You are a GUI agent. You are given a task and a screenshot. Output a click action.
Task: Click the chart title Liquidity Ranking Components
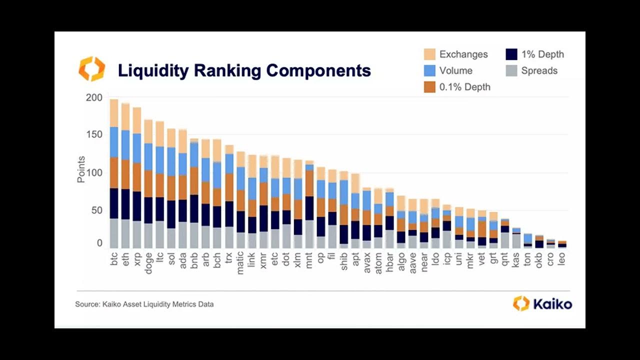tap(244, 70)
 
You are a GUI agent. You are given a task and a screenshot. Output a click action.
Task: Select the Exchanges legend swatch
tap(429, 54)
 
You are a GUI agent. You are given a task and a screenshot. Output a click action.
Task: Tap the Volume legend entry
tap(455, 70)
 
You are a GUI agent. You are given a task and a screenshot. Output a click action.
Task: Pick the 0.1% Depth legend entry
tap(464, 87)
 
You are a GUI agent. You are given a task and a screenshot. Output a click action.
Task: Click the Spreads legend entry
tap(539, 70)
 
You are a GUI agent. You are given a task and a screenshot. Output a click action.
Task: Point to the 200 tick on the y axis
tap(94, 97)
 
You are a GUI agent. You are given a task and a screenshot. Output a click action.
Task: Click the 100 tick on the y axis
tap(94, 173)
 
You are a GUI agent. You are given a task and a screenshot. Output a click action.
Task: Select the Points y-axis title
tap(81, 169)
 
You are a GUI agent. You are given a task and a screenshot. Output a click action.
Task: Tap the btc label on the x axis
tap(114, 258)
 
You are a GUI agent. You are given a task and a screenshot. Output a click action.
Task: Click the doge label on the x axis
tap(148, 261)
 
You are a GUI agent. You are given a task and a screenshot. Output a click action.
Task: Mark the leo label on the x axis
tap(562, 258)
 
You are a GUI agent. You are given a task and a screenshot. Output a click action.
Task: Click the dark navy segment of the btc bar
tap(114, 203)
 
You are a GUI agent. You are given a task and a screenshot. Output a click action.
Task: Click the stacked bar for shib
tap(344, 210)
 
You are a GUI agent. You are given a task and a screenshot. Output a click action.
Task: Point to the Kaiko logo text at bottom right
tap(551, 303)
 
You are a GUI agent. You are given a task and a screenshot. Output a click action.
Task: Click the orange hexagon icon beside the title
tap(92, 69)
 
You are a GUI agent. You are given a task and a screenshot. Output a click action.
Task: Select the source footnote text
tap(144, 304)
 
